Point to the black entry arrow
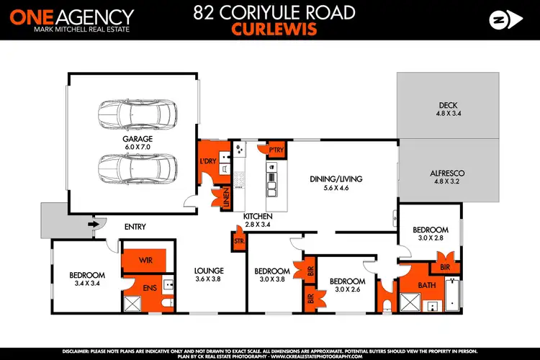click(92, 224)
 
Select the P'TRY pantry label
click(274, 150)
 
